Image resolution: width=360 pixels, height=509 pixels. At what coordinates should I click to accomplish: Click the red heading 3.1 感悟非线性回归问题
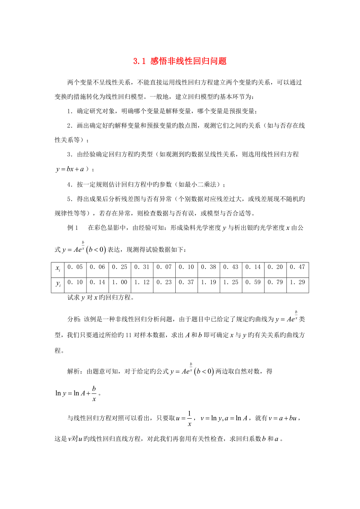tap(180, 61)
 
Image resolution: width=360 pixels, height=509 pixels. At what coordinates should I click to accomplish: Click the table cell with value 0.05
tap(75, 267)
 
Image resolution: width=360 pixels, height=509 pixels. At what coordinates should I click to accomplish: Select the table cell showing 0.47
tap(297, 267)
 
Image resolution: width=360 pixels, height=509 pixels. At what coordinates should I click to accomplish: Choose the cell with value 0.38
tap(209, 267)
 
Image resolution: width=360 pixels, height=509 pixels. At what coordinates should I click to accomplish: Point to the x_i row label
tap(58, 268)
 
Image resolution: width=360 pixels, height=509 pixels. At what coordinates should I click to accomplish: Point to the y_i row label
tap(58, 283)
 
